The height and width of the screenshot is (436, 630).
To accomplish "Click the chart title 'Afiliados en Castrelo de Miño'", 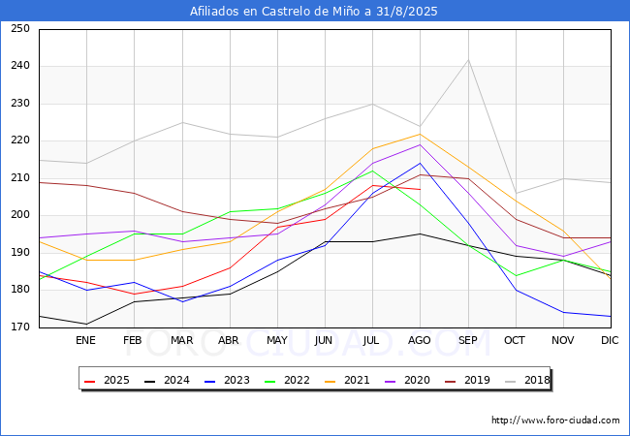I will pos(314,12).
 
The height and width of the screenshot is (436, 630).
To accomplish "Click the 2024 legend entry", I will pos(167,380).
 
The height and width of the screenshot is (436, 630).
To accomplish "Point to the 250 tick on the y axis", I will pos(19,29).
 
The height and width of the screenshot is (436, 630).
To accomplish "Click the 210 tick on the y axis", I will pos(19,178).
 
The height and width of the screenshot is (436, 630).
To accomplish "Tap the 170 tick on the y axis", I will pos(19,327).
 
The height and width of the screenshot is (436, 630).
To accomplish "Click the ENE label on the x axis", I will pos(86,341).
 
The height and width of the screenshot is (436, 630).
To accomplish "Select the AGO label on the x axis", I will pos(420,341).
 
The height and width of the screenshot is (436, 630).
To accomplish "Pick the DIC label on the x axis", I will pos(610,341).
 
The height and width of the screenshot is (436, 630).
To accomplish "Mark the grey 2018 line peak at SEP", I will pos(468,60).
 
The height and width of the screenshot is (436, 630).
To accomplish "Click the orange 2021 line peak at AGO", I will pos(420,134).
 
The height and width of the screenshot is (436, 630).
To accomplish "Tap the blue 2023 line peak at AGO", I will pos(420,163).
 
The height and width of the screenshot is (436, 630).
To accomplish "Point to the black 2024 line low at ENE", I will pos(86,324).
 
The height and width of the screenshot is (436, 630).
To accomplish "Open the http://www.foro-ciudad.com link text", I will pos(555,420).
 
